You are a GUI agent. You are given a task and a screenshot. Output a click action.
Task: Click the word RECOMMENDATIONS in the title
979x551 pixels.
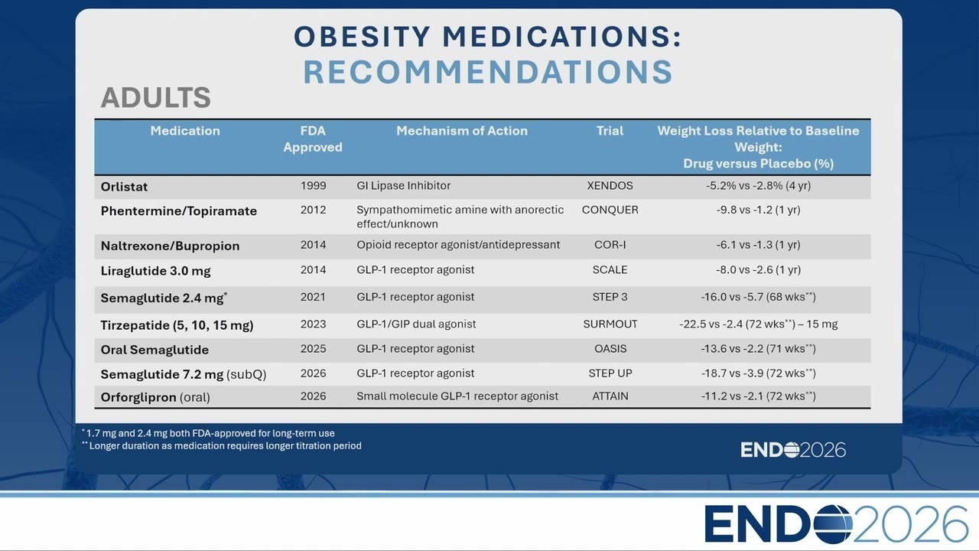tap(488, 72)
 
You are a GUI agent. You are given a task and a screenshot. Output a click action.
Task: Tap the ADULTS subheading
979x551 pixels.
tap(156, 97)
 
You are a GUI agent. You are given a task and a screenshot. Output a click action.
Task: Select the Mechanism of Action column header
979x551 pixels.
tap(462, 131)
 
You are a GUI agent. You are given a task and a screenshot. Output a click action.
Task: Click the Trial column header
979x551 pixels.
tap(610, 131)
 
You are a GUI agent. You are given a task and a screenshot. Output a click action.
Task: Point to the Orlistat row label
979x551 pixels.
tap(124, 187)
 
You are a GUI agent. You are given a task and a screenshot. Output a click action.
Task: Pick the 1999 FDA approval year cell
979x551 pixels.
tap(313, 185)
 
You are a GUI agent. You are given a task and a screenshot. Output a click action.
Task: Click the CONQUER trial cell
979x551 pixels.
tap(610, 210)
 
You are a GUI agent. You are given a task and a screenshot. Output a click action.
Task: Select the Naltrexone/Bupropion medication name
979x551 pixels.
tap(170, 246)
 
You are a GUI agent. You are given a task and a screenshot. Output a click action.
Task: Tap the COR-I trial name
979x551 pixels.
tap(610, 245)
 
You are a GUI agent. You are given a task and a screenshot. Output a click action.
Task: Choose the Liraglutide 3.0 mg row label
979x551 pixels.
tap(155, 271)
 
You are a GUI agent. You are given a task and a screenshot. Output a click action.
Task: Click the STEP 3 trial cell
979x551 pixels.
tap(610, 297)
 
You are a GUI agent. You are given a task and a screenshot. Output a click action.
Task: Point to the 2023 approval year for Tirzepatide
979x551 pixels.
tap(313, 324)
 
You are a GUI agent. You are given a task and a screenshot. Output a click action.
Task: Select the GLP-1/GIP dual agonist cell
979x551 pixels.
tap(416, 324)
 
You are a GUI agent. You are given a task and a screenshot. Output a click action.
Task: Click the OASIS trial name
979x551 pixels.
tap(610, 348)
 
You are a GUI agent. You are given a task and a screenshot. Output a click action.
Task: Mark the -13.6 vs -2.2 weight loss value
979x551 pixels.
tap(758, 348)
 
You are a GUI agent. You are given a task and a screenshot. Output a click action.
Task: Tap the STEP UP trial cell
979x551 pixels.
tap(610, 373)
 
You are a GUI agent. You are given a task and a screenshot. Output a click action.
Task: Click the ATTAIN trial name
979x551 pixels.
tap(610, 396)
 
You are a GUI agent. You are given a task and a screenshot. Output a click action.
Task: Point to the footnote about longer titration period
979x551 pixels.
tap(222, 445)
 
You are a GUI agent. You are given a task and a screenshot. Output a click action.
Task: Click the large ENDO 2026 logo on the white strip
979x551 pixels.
tap(836, 523)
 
